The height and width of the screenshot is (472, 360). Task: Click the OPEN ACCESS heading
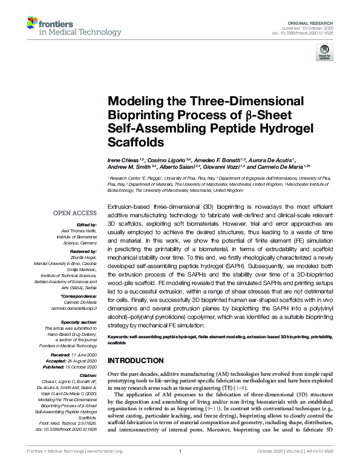[74, 213]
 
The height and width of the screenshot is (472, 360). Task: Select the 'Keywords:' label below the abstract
[120, 336]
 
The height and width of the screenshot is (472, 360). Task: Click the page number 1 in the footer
[180, 451]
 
